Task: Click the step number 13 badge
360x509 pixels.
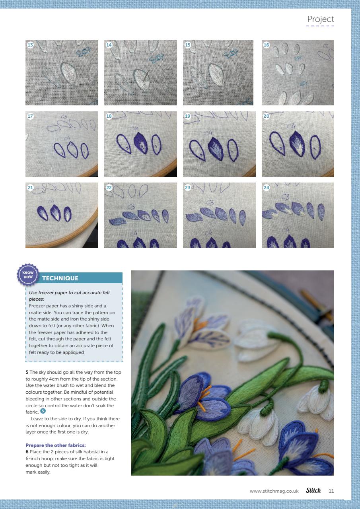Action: pyautogui.click(x=30, y=45)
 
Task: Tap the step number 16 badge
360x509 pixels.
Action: pyautogui.click(x=267, y=45)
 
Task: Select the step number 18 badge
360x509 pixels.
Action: pyautogui.click(x=109, y=116)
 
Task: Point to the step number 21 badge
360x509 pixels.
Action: pyautogui.click(x=30, y=187)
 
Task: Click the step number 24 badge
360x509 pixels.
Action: pyautogui.click(x=267, y=187)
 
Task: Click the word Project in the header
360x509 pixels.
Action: pyautogui.click(x=320, y=19)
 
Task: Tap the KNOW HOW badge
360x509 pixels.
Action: pyautogui.click(x=28, y=274)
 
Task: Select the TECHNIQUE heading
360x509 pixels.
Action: pyautogui.click(x=60, y=278)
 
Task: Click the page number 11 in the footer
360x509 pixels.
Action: pyautogui.click(x=331, y=491)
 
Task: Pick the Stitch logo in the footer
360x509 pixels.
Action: pyautogui.click(x=313, y=490)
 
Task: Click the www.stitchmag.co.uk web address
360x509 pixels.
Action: pyautogui.click(x=274, y=491)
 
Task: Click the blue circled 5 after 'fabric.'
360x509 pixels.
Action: pyautogui.click(x=43, y=412)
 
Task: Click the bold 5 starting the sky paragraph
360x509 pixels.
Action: pyautogui.click(x=27, y=372)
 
